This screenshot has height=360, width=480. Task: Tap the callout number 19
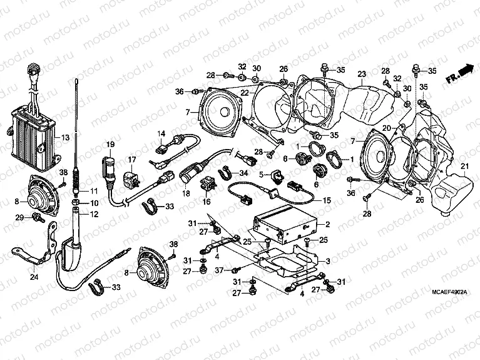point(110,145)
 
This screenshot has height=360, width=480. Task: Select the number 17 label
point(132,160)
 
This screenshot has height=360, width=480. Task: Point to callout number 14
point(161,133)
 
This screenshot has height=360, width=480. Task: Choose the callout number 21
point(464,165)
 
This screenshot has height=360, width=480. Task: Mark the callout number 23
point(361,74)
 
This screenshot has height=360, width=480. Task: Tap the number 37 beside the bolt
point(218,270)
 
